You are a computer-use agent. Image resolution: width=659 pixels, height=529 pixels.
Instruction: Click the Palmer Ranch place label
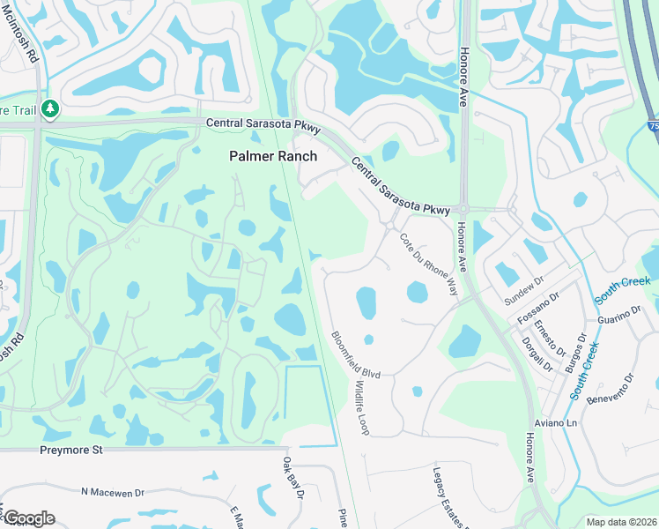coord(273,155)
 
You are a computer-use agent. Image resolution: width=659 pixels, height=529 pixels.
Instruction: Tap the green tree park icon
coord(50,109)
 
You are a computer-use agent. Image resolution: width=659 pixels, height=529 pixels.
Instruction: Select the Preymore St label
coord(71,450)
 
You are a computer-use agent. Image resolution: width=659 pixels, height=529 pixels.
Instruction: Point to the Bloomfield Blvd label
coord(355,355)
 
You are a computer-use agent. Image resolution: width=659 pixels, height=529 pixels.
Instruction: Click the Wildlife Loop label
coord(362,408)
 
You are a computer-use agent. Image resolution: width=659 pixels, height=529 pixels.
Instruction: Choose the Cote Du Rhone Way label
coord(429,264)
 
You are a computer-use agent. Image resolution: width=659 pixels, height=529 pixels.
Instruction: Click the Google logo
coord(28,518)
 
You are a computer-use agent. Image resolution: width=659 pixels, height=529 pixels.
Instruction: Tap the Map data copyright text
coord(621,522)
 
